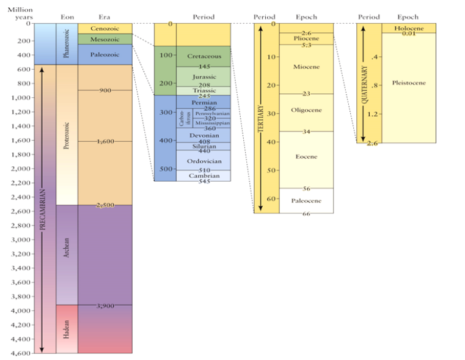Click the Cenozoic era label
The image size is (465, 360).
click(104, 29)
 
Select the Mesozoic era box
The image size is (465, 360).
click(104, 39)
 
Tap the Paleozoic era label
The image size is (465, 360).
click(104, 54)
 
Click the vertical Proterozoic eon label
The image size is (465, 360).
click(67, 135)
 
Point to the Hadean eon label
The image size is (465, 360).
click(67, 329)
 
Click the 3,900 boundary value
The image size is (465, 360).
click(105, 306)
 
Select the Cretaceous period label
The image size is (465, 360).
click(204, 56)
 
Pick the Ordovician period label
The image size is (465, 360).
click(204, 161)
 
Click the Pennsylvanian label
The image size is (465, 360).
click(212, 114)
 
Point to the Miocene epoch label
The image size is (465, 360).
click(306, 66)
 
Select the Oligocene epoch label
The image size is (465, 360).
click(306, 110)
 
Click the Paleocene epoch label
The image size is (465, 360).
click(306, 200)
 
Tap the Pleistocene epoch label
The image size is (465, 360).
click(408, 83)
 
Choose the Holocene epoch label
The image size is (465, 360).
click(408, 28)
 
